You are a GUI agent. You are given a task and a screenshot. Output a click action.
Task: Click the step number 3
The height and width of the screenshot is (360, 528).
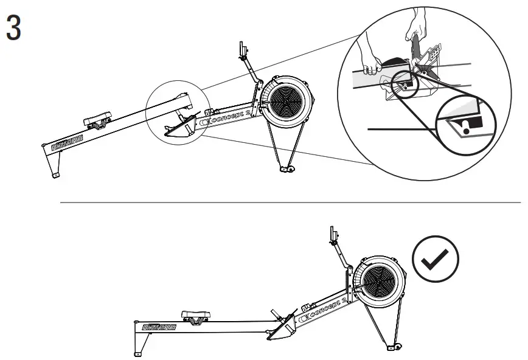click(x=13, y=29)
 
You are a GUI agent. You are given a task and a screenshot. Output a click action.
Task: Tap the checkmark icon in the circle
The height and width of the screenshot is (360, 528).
click(x=436, y=260)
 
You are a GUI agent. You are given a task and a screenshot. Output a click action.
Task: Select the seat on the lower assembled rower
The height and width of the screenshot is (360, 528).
click(x=196, y=316)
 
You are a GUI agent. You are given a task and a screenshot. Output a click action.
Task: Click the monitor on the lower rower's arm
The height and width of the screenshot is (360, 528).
click(x=332, y=234)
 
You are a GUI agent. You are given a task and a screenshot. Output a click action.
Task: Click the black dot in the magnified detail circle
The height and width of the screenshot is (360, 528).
click(x=466, y=128)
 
